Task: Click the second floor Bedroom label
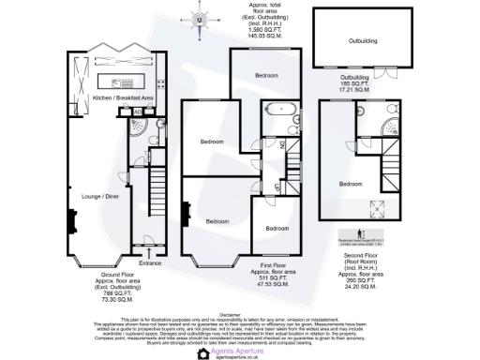[352, 183]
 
